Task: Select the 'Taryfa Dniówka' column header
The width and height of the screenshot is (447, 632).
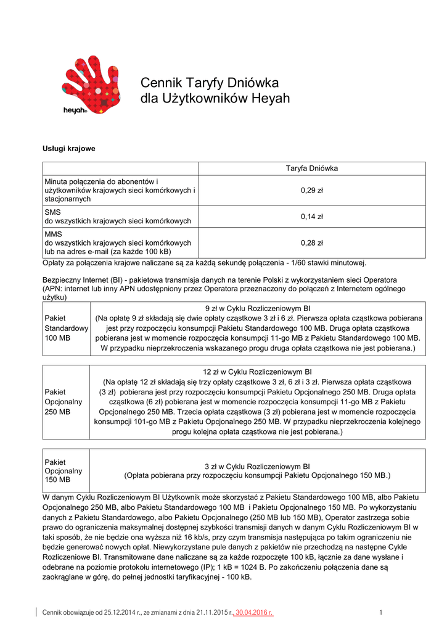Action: click(x=311, y=168)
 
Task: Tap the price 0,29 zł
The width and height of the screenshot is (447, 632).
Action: click(x=311, y=191)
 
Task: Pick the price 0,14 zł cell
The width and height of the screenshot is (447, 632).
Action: click(x=311, y=217)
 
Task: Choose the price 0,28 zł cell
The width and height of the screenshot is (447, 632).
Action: click(x=311, y=243)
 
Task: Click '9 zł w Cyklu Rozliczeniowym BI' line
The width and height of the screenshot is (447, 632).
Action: click(x=258, y=307)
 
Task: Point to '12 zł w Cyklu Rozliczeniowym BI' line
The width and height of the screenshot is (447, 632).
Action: click(x=258, y=372)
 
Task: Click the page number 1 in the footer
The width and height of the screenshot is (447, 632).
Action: click(x=381, y=612)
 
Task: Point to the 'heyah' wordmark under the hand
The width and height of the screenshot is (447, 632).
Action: click(x=75, y=110)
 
